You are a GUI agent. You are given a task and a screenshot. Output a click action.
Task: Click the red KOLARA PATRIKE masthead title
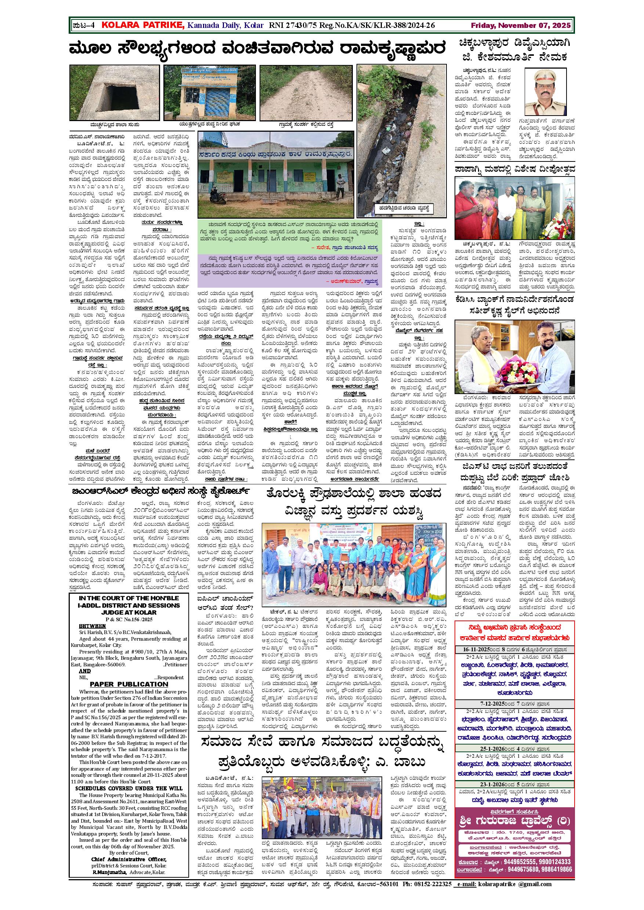pyautogui.click(x=143, y=25)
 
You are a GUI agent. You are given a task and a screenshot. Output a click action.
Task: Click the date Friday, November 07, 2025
pyautogui.click(x=521, y=25)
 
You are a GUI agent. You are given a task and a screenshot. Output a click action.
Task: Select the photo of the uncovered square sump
pyautogui.click(x=114, y=92)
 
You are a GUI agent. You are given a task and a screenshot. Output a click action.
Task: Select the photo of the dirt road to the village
pyautogui.click(x=306, y=92)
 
